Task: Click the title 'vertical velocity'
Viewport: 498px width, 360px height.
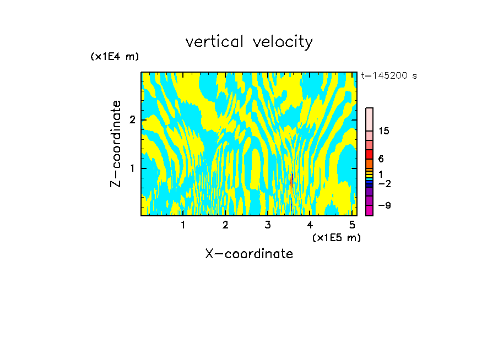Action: coord(249,42)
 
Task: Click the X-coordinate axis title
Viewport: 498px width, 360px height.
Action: coord(249,254)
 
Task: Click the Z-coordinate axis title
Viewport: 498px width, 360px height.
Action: coord(116,144)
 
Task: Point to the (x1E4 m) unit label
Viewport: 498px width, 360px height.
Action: coord(115,57)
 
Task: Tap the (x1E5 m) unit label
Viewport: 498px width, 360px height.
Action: coord(336,237)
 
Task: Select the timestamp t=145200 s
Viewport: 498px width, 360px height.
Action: coord(389,76)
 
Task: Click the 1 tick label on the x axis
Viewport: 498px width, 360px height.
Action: coord(183,225)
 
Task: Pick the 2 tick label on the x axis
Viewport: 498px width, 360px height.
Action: coord(225,225)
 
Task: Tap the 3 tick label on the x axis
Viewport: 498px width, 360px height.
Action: coord(268,225)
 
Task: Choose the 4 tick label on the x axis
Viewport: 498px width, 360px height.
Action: coord(310,225)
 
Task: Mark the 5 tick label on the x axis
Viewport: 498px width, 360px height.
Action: coord(352,225)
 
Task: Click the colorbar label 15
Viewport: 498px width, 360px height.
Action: coord(385,131)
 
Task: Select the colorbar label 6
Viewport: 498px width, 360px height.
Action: coord(381,159)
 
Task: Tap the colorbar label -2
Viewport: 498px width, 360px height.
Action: coord(383,183)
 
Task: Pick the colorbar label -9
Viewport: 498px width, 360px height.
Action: coord(383,205)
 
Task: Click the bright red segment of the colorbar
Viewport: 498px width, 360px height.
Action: coord(369,154)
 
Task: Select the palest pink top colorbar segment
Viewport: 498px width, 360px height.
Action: coord(369,119)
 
